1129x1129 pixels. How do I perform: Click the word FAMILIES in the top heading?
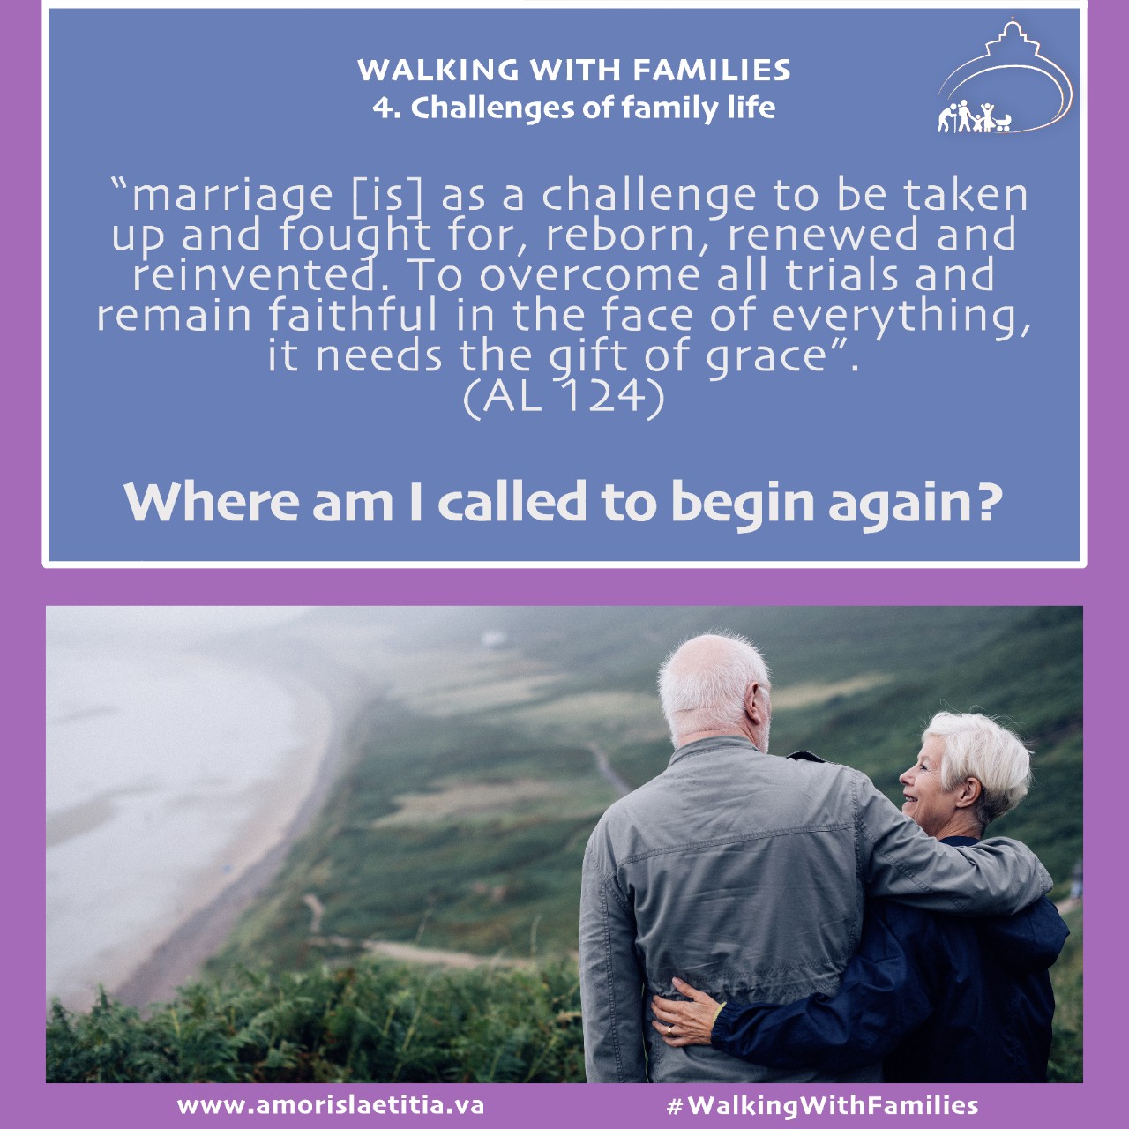(x=711, y=71)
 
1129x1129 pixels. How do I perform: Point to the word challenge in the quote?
(x=648, y=197)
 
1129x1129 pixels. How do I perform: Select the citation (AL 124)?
(x=564, y=397)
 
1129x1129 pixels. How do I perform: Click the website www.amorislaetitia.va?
(x=331, y=1105)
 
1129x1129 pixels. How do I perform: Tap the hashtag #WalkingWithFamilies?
(x=823, y=1105)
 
